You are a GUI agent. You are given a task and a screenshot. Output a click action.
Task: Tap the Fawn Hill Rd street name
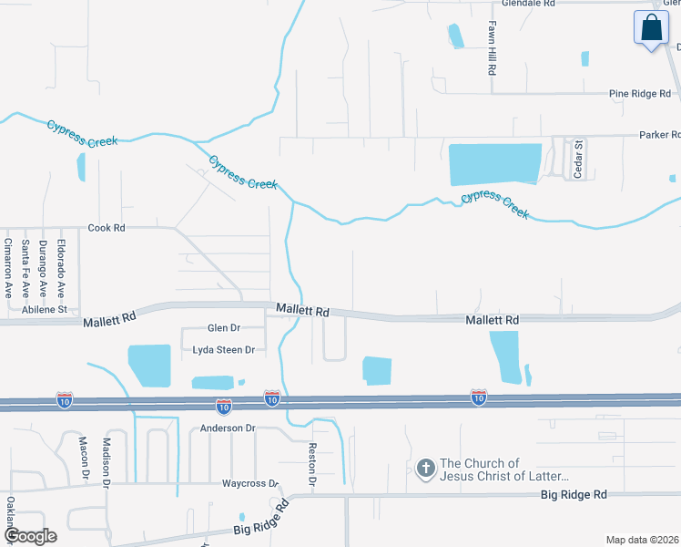click(492, 47)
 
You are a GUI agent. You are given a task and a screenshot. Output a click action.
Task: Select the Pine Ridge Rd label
click(639, 94)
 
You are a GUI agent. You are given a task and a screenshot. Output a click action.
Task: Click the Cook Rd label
click(106, 228)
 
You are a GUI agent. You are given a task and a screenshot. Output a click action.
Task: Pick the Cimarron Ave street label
click(8, 269)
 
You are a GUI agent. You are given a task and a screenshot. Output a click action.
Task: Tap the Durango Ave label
click(44, 269)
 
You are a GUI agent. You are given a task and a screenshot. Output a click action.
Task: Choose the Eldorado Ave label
click(62, 269)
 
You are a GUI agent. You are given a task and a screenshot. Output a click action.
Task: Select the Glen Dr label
click(224, 328)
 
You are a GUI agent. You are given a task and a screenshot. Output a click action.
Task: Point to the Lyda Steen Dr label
click(223, 350)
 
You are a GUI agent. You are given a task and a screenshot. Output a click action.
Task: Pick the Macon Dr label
click(83, 458)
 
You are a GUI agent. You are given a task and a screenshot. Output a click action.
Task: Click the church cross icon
click(424, 470)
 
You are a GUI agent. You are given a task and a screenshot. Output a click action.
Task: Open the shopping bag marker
click(651, 27)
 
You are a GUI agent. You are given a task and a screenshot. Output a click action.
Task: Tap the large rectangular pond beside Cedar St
click(495, 164)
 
